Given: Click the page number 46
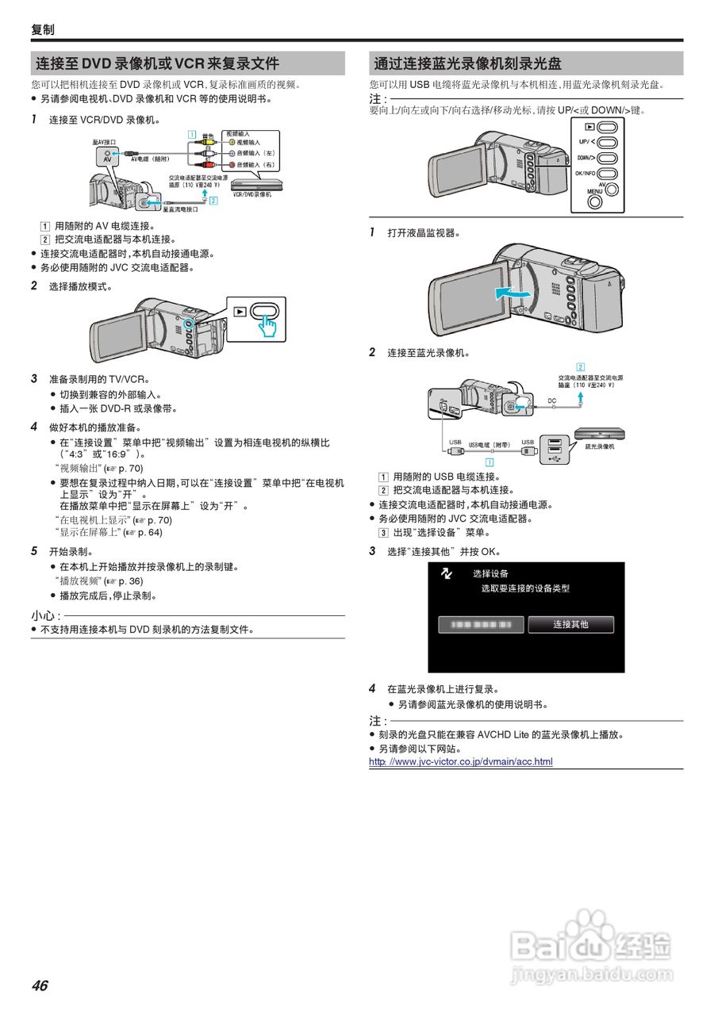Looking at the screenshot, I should click(x=40, y=986).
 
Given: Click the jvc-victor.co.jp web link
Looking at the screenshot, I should click(x=460, y=762).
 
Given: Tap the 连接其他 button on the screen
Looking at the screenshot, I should click(x=570, y=625).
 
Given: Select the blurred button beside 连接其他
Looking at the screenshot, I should click(x=481, y=625).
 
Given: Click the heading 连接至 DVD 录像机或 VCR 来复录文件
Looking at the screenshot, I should click(x=157, y=64).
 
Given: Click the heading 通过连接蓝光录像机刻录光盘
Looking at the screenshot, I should click(x=468, y=64).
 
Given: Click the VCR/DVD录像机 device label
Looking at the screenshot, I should click(x=256, y=193).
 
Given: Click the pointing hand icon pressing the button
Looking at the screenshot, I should click(x=269, y=325).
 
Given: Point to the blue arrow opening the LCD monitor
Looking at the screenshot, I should click(x=509, y=293).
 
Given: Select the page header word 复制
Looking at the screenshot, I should click(x=43, y=30).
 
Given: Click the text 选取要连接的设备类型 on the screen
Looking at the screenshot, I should click(x=525, y=588).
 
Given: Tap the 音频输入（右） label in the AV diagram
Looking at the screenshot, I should click(x=251, y=165).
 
